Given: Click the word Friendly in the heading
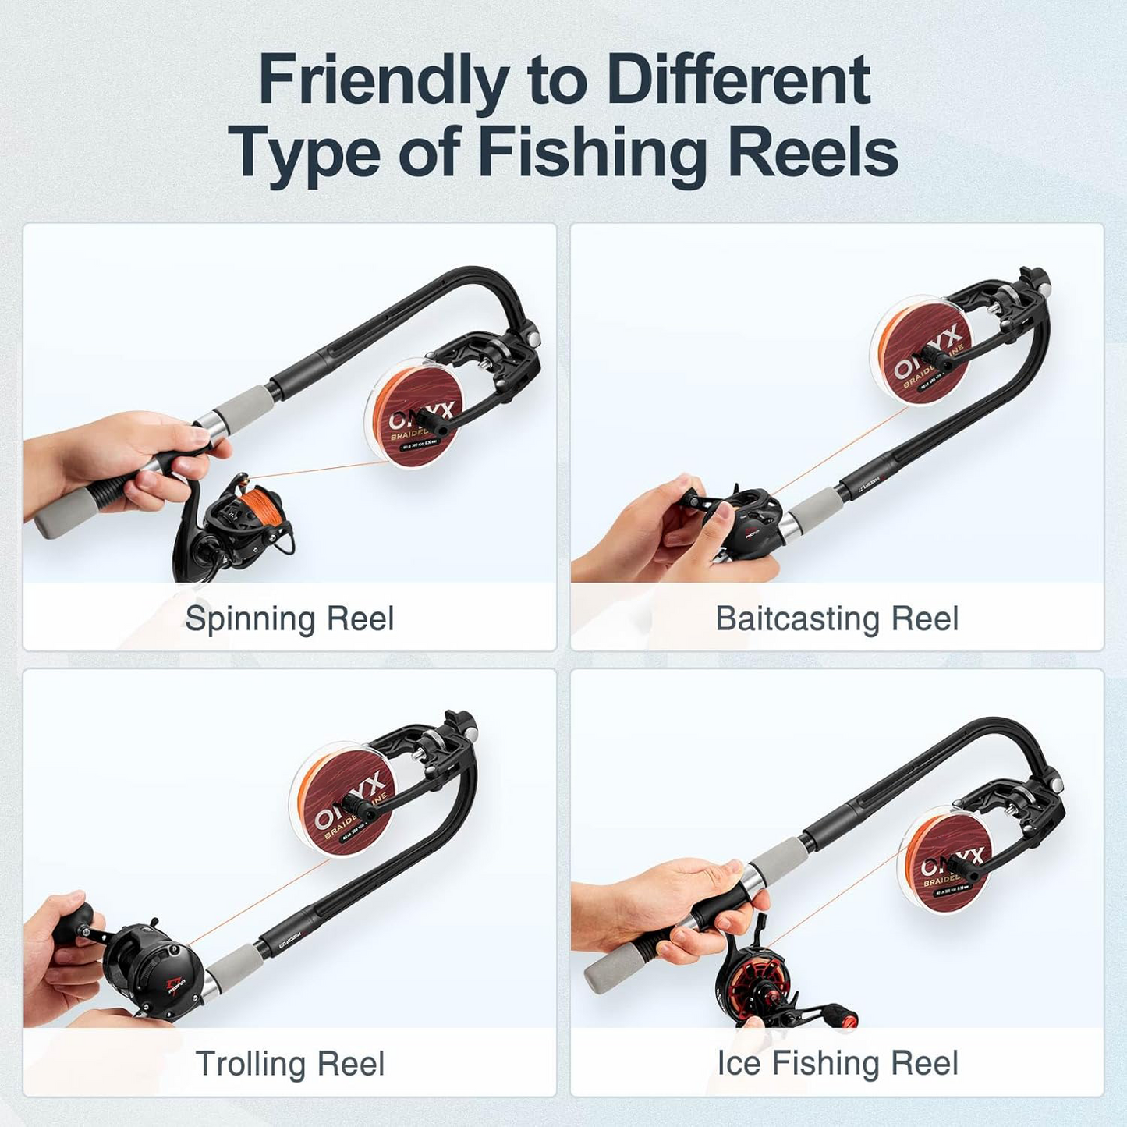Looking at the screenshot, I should [x=383, y=80].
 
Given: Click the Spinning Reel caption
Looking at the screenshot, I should [x=289, y=618].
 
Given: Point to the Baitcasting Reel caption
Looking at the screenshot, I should [x=837, y=618].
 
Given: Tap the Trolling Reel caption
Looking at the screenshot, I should [x=289, y=1063].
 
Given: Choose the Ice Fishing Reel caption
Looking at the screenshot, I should [x=837, y=1063].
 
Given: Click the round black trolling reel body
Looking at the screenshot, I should [x=152, y=967].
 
